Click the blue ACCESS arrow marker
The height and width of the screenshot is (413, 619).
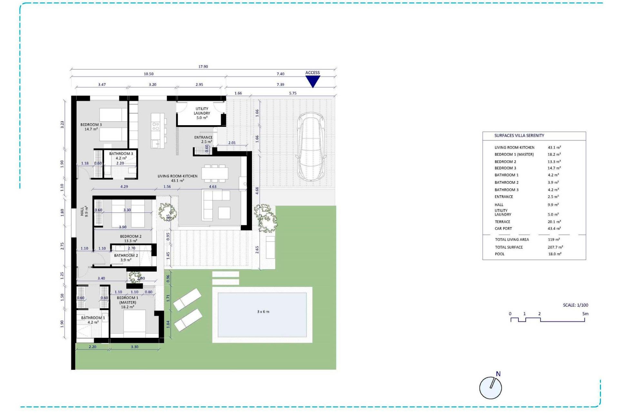point(312,81)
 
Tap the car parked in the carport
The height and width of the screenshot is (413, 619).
point(311,147)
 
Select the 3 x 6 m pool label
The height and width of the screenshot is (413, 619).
point(263,312)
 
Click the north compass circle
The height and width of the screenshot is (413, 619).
point(490,388)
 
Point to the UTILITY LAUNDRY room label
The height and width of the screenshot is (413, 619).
point(202,113)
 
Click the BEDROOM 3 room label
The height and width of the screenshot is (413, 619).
point(91,127)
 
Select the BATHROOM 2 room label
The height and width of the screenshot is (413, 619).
point(126,257)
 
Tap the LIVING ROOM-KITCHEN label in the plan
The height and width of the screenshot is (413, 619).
point(177,178)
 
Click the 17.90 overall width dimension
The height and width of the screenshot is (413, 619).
point(203,67)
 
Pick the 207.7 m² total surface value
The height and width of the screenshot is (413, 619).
point(555,247)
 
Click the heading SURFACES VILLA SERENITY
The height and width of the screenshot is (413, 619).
point(519,136)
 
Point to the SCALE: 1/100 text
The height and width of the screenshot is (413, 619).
point(575,305)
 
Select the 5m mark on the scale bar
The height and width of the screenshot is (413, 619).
point(585,314)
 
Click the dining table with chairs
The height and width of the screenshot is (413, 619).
point(215,173)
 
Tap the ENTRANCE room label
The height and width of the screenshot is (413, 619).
point(203,139)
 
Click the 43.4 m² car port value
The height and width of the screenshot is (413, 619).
point(554,228)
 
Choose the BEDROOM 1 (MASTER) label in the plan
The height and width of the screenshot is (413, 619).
point(128,302)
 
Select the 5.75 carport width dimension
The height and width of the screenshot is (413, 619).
point(293,93)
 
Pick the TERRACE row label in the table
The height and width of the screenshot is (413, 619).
point(502,222)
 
